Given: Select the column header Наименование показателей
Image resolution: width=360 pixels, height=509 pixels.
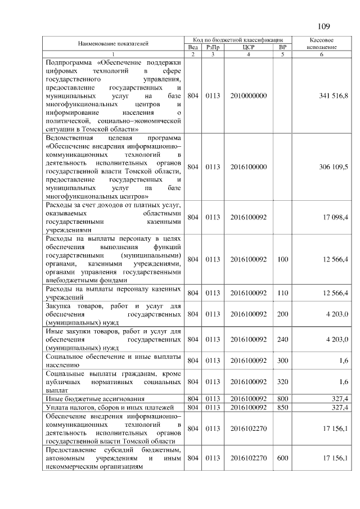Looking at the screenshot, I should pos(113,44).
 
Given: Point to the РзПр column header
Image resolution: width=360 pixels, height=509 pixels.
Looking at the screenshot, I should pos(212,47).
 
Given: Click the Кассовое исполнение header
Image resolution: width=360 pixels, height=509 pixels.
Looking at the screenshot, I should pos(322,44).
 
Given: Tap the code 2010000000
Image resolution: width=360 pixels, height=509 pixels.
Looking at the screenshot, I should pos(248,96).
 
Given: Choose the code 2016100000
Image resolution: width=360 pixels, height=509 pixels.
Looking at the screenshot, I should pos(248,166).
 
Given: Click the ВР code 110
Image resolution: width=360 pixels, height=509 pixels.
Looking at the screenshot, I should pos(282,292).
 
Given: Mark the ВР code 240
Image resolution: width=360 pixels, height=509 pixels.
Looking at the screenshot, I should pos(282,339).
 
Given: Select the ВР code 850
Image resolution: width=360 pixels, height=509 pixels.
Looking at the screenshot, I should pos(282,407).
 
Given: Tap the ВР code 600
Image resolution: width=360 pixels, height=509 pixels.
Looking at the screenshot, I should pos(282,458).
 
